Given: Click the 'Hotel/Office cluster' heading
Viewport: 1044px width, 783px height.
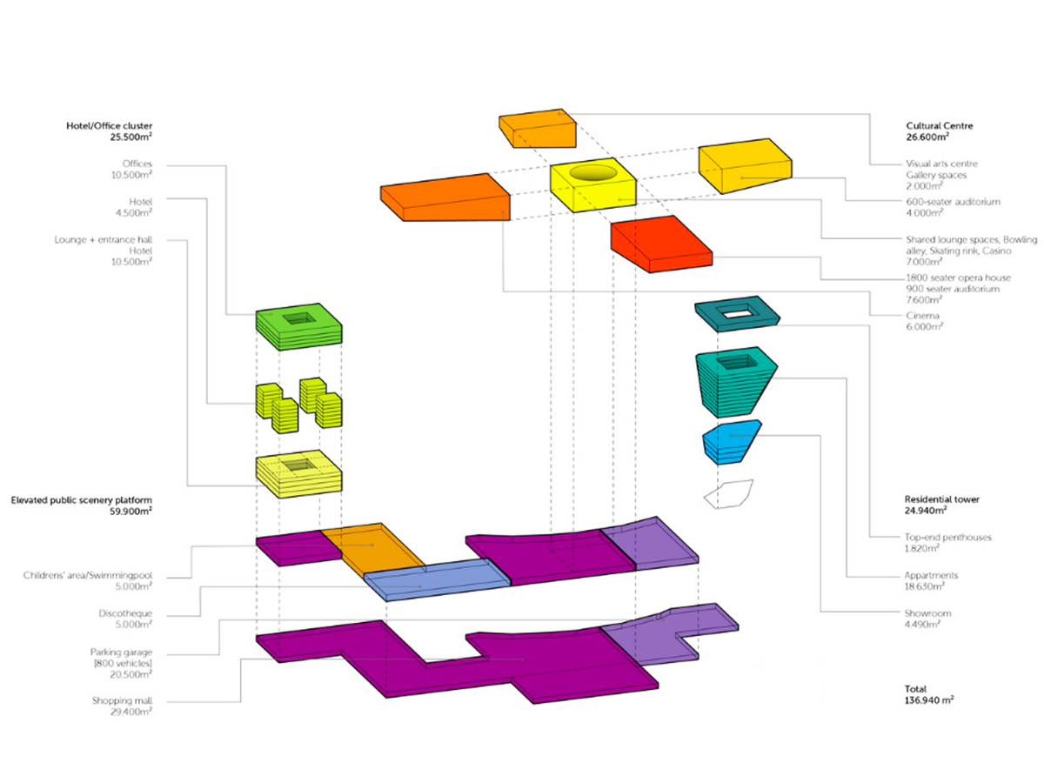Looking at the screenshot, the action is [x=109, y=126].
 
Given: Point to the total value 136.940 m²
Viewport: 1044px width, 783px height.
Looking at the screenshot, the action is [x=929, y=699].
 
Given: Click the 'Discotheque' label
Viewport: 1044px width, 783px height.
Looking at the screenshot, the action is [x=125, y=613].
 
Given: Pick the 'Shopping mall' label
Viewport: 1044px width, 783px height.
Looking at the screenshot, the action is [x=123, y=700].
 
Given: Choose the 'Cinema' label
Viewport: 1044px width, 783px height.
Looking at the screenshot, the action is [x=922, y=316].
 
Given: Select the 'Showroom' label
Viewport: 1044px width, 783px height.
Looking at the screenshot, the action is [x=927, y=613].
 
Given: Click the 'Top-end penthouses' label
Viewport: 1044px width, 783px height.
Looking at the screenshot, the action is [x=947, y=537].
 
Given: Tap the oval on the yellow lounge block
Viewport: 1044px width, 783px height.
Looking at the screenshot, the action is [x=593, y=172].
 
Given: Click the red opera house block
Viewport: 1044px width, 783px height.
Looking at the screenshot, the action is [x=661, y=244].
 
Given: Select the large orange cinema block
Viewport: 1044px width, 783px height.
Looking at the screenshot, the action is [x=445, y=197].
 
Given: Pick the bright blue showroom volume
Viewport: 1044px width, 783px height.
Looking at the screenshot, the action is [x=732, y=442].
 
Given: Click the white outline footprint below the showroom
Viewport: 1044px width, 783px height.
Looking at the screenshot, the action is [x=728, y=494].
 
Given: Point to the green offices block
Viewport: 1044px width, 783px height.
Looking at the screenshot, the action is [x=298, y=327].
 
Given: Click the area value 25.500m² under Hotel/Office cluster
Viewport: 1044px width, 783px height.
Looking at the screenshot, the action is [x=131, y=137].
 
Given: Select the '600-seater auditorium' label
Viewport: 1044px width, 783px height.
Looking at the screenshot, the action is [x=953, y=202].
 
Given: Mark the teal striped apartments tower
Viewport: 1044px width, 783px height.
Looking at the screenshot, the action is [x=736, y=382].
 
